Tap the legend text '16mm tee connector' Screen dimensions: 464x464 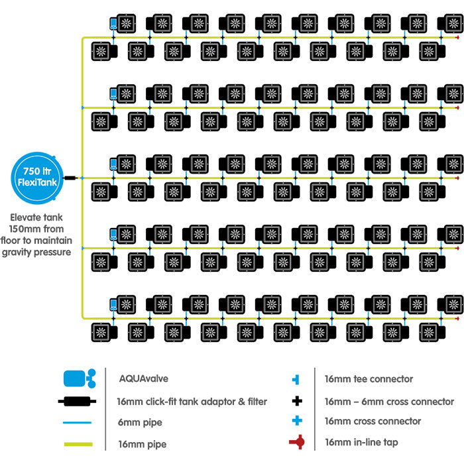369,380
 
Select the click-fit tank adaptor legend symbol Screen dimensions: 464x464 79,402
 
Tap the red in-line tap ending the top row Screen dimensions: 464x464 459,37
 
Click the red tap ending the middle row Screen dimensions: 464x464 459,178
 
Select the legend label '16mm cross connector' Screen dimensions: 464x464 373,421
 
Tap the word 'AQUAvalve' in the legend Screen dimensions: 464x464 143,380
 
